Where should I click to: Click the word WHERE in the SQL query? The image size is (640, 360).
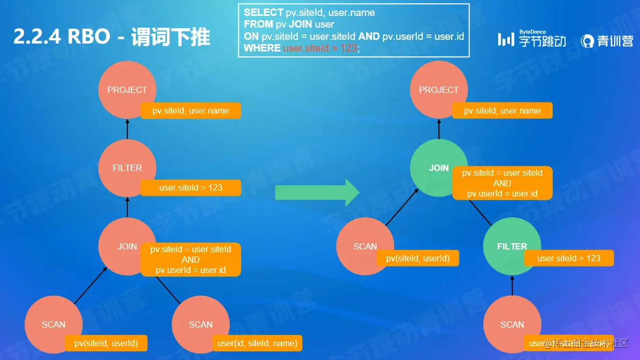(x=262, y=48)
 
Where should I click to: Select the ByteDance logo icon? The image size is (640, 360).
(x=506, y=39)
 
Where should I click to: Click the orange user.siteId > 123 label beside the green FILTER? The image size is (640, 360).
(x=569, y=258)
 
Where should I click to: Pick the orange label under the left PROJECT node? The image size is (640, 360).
(x=191, y=111)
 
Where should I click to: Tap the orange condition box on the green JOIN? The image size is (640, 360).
(x=502, y=183)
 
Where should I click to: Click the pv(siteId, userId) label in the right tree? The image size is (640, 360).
(x=418, y=258)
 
